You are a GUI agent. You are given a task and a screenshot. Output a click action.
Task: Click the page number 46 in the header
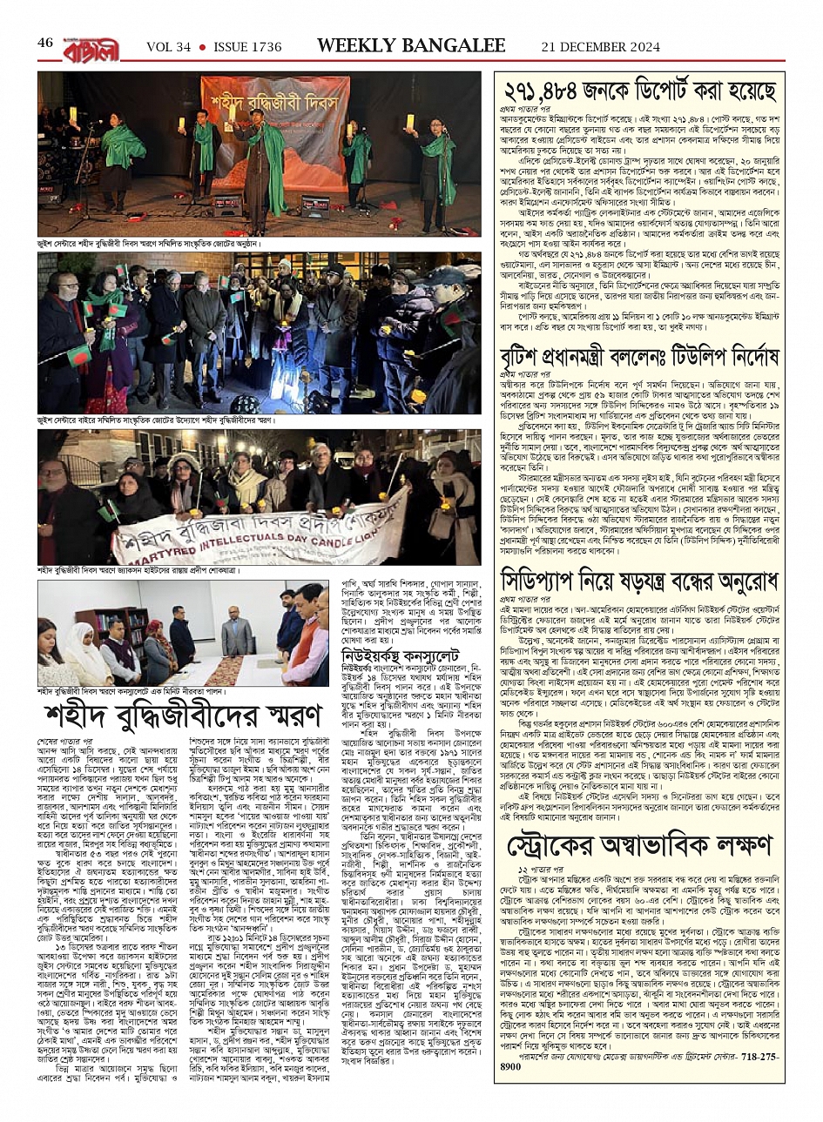coord(44,44)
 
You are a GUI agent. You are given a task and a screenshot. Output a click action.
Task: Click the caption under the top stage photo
coord(149,245)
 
